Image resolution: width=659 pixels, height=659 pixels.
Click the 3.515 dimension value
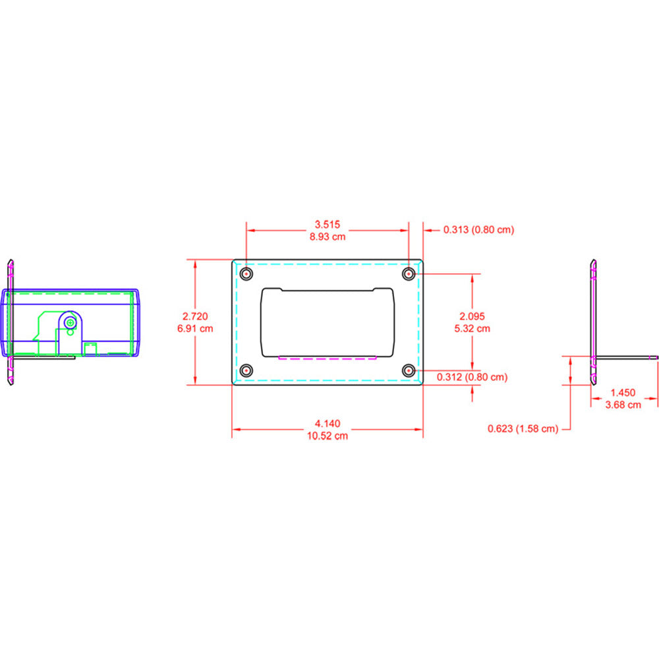[x=328, y=224]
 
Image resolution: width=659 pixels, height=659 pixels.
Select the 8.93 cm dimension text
[x=328, y=236]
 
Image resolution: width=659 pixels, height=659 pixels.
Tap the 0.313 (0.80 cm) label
[x=478, y=230]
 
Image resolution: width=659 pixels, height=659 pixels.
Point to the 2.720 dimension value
[x=195, y=316]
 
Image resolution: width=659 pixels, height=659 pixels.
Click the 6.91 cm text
[x=195, y=328]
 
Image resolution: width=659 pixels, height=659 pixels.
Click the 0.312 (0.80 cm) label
[x=473, y=377]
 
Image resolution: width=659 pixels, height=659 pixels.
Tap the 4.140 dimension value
[x=328, y=423]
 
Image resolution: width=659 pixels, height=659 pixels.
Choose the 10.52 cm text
[x=328, y=435]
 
